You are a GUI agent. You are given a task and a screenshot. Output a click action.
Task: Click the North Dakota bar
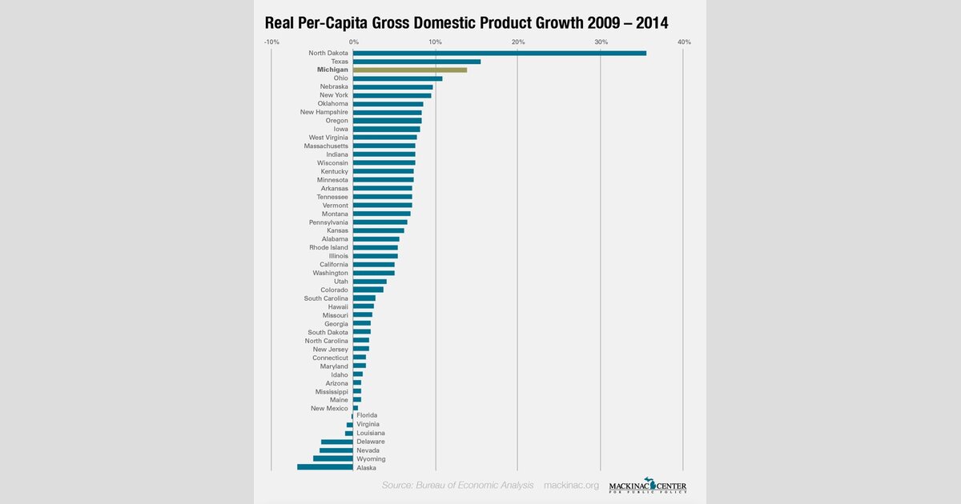[499, 53]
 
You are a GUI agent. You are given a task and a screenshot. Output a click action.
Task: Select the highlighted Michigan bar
[410, 70]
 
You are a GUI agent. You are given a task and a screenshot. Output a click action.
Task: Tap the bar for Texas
[416, 62]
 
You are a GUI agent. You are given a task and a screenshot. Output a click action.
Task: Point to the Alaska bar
[325, 467]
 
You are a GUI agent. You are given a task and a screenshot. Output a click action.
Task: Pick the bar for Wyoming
[333, 459]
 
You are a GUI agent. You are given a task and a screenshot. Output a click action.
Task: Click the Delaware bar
[337, 442]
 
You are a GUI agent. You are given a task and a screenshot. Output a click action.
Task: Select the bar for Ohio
[397, 78]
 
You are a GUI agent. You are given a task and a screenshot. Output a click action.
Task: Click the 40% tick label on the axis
[683, 42]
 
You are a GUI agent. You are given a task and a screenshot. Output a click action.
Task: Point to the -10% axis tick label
[271, 42]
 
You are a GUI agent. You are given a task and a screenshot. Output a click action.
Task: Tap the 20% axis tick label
[518, 42]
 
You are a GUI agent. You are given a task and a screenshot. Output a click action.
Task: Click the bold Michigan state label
[332, 70]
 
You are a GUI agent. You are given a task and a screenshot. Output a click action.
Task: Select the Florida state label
[367, 416]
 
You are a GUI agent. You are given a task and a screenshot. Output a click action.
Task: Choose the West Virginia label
[328, 138]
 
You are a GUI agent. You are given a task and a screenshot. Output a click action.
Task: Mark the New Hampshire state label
[324, 112]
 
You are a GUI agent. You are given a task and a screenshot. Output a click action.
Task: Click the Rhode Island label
[328, 247]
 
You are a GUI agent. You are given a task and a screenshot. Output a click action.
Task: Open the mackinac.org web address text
[571, 485]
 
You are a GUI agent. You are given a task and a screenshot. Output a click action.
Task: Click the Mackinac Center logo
[647, 485]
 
